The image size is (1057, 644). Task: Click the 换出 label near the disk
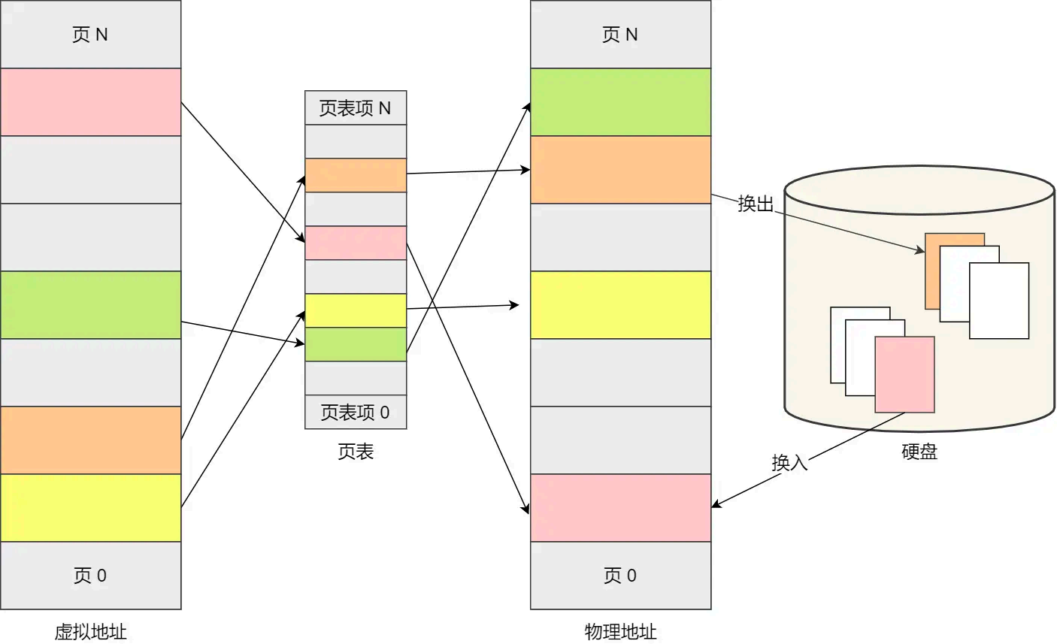(x=756, y=204)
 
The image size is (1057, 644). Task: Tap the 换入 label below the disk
(x=789, y=462)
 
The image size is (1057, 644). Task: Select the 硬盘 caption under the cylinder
(x=919, y=452)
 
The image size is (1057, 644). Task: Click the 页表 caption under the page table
(x=356, y=452)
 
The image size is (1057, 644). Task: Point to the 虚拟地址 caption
(x=90, y=631)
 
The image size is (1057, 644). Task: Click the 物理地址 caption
(x=620, y=631)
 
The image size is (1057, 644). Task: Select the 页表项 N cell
(x=356, y=108)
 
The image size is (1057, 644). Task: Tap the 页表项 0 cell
(x=356, y=412)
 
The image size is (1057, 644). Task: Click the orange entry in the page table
(x=356, y=175)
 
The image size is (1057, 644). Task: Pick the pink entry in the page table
(x=356, y=243)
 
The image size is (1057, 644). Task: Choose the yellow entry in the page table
(x=356, y=310)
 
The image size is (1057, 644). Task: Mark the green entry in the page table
(x=356, y=344)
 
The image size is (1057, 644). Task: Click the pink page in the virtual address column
(x=90, y=102)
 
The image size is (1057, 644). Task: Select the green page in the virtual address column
(x=90, y=305)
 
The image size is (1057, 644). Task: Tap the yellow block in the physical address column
(x=620, y=305)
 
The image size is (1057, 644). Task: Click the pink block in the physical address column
(x=620, y=508)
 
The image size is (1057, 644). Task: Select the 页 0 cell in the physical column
(x=620, y=576)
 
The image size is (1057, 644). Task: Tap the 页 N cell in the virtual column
(x=90, y=35)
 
